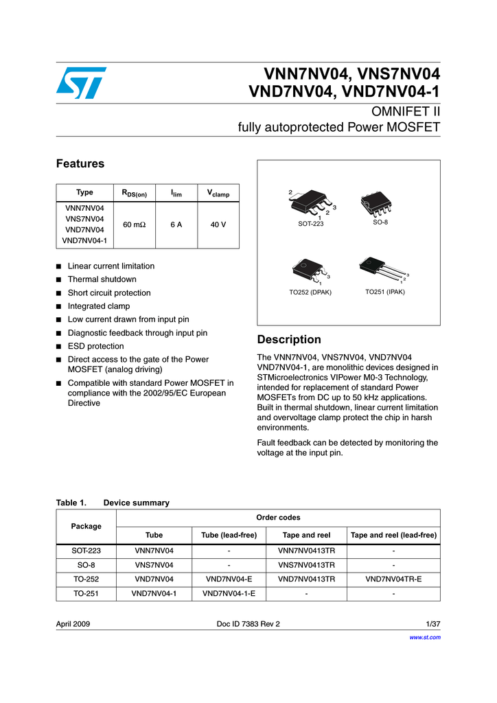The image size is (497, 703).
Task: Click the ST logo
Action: click(x=81, y=82)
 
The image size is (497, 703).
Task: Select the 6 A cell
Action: click(x=176, y=224)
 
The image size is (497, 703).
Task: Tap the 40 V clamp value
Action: click(x=218, y=224)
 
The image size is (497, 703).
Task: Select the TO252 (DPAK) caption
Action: click(x=310, y=292)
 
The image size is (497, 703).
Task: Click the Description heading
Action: click(x=288, y=340)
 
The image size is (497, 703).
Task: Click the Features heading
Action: click(x=80, y=163)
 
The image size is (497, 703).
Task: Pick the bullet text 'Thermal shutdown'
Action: click(x=102, y=279)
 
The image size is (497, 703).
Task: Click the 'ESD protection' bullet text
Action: click(x=95, y=346)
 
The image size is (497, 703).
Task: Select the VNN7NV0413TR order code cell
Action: click(x=306, y=550)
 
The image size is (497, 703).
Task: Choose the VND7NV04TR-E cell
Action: click(x=393, y=579)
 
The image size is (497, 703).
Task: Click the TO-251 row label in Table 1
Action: click(x=86, y=593)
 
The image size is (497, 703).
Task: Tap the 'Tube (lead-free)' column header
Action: click(x=229, y=535)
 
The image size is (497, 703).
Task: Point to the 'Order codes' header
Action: click(x=278, y=517)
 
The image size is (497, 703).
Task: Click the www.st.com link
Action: click(x=426, y=637)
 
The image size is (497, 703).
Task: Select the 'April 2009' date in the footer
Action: click(x=73, y=624)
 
